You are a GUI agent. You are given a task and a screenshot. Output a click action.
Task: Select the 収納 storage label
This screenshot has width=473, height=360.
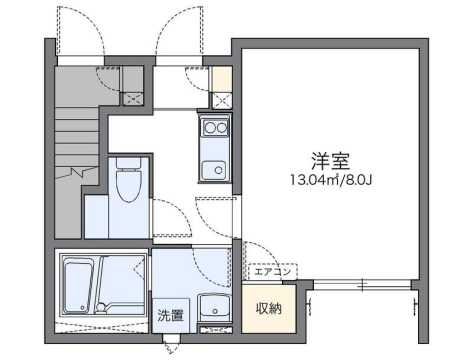(269, 308)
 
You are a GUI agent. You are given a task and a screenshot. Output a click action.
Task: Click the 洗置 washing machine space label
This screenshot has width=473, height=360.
(168, 317)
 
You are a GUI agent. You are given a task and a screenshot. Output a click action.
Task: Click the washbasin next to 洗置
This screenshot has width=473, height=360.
(213, 310)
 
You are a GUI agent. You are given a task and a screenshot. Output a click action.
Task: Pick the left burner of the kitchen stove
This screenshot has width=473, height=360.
(206, 127)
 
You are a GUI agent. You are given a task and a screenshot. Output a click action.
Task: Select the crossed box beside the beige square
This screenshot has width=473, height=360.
(222, 100)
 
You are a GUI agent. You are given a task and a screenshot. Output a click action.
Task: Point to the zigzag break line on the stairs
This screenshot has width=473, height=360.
(76, 172)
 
